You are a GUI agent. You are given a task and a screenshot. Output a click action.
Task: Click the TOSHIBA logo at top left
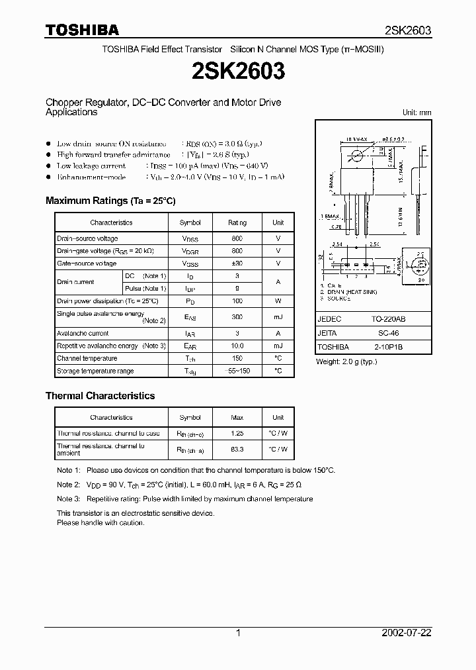82,30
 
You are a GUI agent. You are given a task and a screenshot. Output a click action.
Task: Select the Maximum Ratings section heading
110,201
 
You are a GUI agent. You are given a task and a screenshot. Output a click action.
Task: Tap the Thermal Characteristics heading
100,396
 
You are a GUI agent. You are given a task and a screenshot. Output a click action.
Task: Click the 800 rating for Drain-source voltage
237,238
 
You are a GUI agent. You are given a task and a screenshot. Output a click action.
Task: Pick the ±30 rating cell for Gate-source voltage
237,263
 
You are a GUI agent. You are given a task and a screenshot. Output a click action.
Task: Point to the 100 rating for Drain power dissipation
237,301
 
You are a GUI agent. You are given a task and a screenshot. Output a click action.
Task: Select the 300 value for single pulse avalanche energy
237,317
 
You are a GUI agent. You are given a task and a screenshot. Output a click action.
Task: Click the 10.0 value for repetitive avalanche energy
237,346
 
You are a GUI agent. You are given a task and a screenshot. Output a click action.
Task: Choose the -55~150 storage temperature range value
237,371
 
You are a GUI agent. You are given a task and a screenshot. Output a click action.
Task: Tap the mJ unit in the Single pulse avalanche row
278,317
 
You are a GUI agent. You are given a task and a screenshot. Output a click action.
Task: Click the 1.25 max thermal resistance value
237,434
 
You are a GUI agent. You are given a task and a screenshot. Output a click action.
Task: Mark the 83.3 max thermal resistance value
237,450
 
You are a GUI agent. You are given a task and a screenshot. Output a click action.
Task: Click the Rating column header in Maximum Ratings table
237,223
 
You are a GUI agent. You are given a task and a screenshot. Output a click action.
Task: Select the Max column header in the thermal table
237,418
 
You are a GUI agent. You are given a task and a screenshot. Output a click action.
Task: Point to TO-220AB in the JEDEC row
393,319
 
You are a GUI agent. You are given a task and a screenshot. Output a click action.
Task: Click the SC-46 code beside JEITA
393,333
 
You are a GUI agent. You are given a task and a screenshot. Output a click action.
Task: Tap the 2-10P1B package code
393,347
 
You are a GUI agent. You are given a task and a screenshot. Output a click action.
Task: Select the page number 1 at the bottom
238,633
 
